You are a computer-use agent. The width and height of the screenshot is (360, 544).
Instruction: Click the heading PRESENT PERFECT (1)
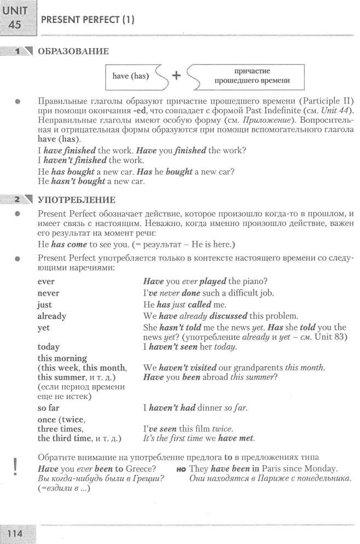[x=88, y=20]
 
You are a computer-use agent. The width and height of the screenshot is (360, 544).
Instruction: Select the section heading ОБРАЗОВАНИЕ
[x=73, y=51]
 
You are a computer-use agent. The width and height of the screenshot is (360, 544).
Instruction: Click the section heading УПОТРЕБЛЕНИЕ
[x=76, y=200]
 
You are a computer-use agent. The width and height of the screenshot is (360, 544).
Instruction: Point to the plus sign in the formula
[x=176, y=76]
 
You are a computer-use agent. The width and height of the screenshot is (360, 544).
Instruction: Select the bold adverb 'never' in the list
[x=48, y=293]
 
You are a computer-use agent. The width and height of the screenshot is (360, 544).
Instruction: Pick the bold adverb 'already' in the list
[x=51, y=316]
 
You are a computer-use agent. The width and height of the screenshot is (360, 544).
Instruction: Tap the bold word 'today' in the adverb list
[x=49, y=346]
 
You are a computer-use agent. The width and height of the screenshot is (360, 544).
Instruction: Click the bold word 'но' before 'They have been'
[x=181, y=470]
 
